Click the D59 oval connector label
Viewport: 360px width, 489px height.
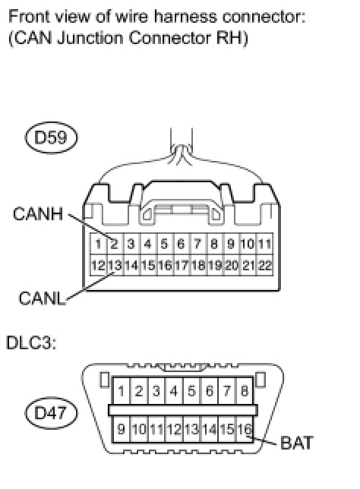click(51, 137)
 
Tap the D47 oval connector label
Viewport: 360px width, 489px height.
click(51, 413)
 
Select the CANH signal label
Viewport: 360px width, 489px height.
click(38, 214)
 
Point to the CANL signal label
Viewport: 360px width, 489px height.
click(42, 298)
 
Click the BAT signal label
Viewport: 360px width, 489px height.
click(296, 443)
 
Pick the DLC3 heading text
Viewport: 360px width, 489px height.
click(31, 342)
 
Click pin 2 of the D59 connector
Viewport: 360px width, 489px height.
click(115, 244)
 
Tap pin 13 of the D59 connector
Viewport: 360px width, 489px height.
click(115, 266)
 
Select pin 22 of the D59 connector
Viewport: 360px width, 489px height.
click(264, 266)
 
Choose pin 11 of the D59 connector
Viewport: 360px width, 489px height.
click(264, 244)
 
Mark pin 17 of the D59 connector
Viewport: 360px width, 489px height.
click(182, 266)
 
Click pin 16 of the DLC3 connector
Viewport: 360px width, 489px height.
click(245, 429)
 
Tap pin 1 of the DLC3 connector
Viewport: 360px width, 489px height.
click(121, 391)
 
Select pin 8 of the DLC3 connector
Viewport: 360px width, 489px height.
click(245, 391)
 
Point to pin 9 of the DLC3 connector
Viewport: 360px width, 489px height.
click(121, 429)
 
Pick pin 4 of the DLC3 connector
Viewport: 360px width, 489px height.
click(174, 391)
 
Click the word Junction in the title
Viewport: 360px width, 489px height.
click(90, 39)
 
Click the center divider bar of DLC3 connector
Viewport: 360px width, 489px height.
click(183, 410)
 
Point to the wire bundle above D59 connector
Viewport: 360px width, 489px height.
click(182, 146)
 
